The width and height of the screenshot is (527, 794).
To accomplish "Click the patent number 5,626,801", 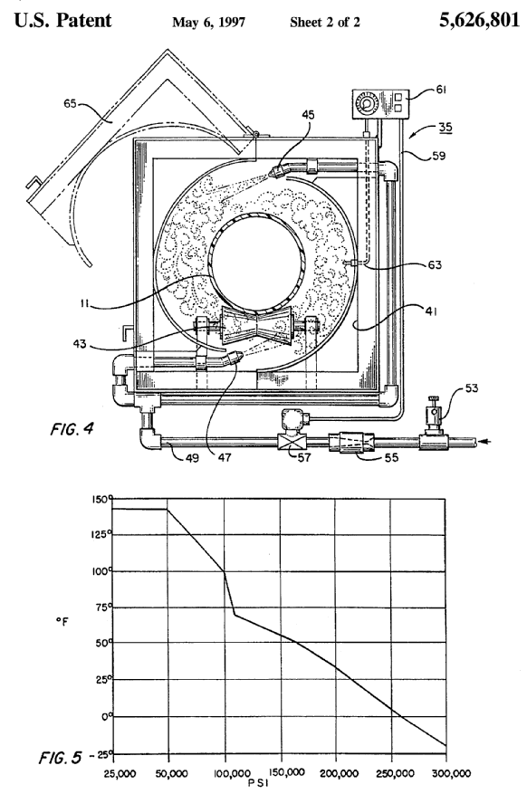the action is [x=479, y=20].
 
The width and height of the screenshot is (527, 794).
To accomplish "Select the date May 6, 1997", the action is [x=208, y=23].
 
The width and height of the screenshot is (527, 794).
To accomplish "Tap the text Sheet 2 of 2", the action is [x=325, y=23].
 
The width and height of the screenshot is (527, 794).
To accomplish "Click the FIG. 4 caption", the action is [x=72, y=429].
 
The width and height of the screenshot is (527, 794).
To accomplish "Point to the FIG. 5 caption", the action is [x=60, y=758].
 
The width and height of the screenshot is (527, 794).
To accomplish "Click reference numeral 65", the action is [x=70, y=104].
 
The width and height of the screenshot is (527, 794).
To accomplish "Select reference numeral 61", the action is [x=442, y=90].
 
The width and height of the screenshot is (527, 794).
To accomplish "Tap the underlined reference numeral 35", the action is [x=446, y=127].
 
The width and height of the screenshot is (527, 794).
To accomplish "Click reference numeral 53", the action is [x=472, y=388].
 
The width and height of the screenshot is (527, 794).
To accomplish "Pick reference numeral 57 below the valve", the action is [x=303, y=458].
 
